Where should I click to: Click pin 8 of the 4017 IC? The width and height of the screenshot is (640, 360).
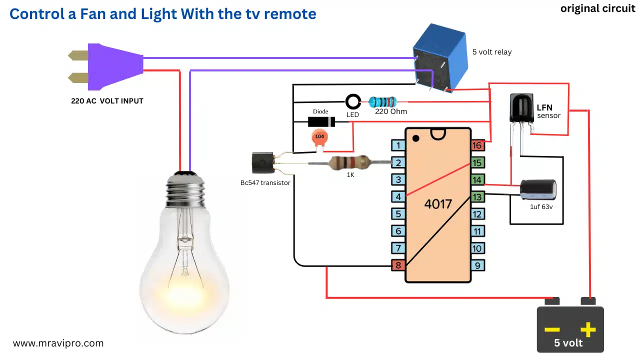[398, 265]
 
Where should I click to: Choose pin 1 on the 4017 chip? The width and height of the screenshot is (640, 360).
[398, 145]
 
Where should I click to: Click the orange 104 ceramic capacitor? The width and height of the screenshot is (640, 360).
[319, 137]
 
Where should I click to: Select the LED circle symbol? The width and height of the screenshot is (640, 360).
[353, 102]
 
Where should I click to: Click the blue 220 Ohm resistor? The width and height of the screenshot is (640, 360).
[382, 102]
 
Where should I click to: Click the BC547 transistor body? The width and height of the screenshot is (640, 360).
[261, 163]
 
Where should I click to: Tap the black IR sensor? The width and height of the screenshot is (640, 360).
[521, 107]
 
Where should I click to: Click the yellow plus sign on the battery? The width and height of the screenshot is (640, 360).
[588, 329]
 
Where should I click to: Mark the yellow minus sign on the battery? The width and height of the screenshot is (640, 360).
[552, 329]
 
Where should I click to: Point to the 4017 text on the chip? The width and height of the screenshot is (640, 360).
[437, 204]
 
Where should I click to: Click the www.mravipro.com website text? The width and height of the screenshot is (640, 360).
[58, 343]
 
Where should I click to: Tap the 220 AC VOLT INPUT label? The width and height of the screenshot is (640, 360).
[107, 101]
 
